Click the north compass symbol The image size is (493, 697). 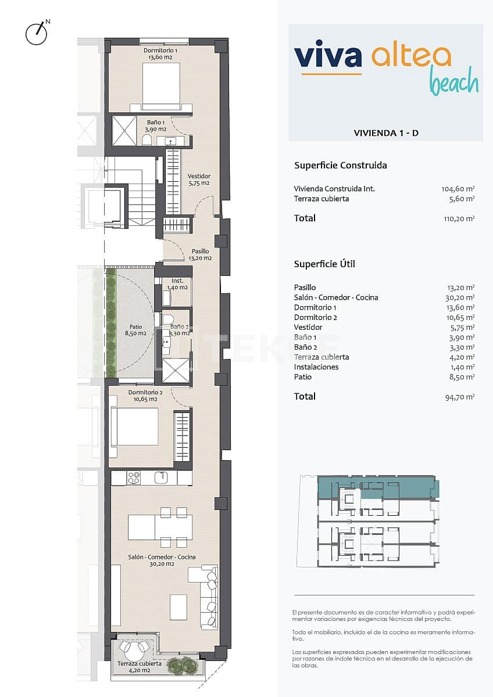click(x=36, y=34)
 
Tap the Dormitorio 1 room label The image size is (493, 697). click(x=161, y=54)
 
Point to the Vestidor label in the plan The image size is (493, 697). click(x=199, y=179)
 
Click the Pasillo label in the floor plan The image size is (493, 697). click(x=201, y=255)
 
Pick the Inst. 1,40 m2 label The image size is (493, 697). click(x=177, y=284)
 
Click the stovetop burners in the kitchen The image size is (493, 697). click(x=134, y=477)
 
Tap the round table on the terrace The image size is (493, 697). click(x=134, y=648)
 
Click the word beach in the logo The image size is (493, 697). click(x=453, y=83)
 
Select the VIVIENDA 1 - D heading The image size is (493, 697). click(x=386, y=133)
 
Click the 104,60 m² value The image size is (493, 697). click(x=458, y=189)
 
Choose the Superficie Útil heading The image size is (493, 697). click(x=324, y=264)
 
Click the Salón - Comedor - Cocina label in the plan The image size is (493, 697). click(x=162, y=561)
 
